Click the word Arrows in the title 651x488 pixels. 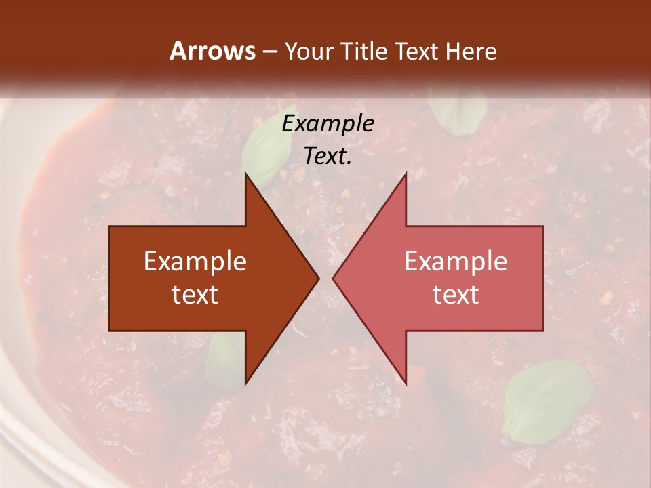212,51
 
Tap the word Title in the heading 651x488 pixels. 363,51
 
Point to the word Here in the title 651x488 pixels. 471,51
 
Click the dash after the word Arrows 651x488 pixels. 269,52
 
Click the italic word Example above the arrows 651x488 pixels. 328,124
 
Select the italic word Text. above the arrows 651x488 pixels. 328,157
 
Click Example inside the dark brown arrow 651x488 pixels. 195,262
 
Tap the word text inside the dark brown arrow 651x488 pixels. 195,294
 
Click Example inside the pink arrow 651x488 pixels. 456,262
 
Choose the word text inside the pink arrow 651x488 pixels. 456,294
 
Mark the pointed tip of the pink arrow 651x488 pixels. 334,278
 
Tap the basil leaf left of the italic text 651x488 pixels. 265,153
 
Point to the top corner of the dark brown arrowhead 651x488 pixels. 246,175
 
